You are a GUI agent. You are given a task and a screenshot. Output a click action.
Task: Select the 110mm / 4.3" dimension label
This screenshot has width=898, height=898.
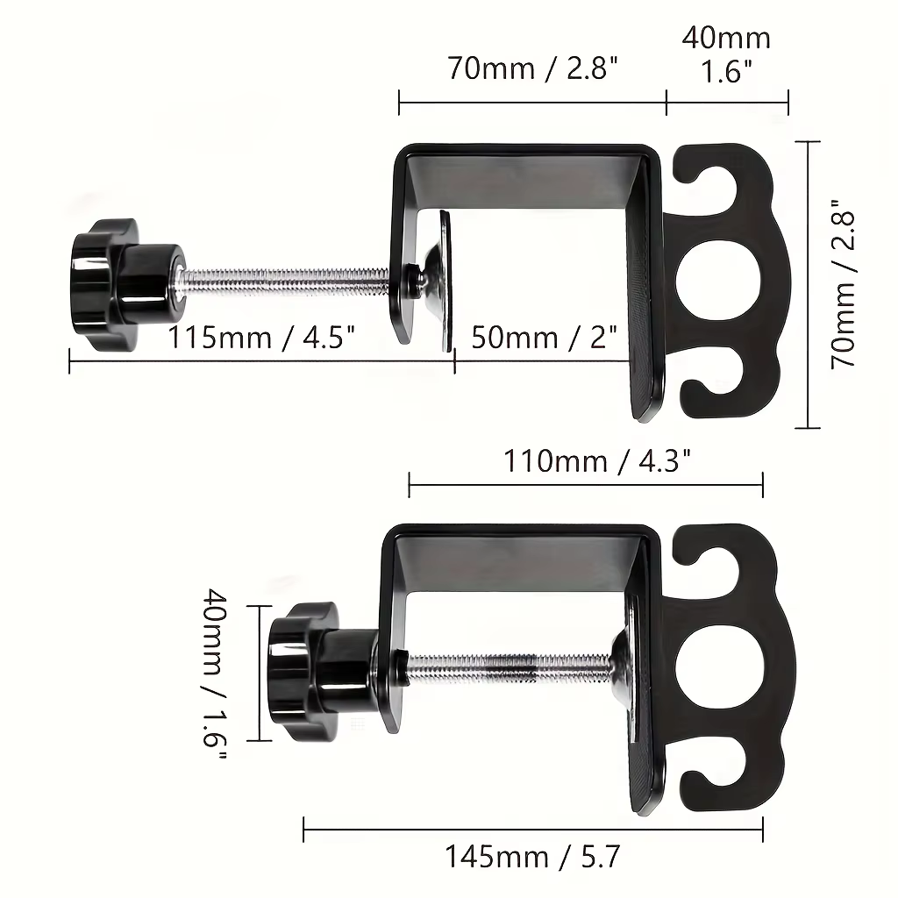click(x=596, y=460)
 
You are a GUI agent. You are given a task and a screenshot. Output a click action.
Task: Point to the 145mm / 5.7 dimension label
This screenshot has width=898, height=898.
click(x=532, y=857)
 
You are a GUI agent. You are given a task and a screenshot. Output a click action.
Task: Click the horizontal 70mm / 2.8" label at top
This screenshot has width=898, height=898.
click(x=532, y=68)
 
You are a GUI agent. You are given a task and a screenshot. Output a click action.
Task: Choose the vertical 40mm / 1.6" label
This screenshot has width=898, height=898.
click(x=217, y=673)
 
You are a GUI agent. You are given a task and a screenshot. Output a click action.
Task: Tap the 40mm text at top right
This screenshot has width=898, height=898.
click(x=726, y=39)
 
